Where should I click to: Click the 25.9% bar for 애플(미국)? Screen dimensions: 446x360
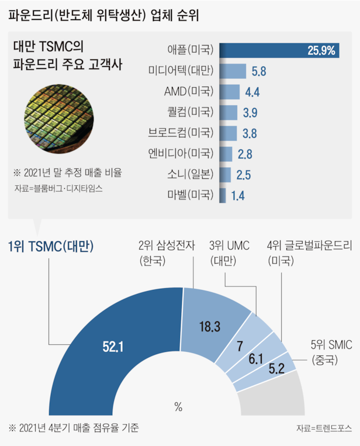coord(279,51)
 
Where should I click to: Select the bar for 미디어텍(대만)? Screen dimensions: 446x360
coord(233,71)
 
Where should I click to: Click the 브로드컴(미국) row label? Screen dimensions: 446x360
coord(181,133)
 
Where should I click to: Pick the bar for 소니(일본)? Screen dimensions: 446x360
coord(225,174)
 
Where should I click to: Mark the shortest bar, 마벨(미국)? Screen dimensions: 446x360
coord(223,195)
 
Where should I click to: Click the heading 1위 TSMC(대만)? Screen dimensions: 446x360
coord(52,247)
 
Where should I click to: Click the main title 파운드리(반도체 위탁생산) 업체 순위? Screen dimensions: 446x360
coord(103,15)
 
